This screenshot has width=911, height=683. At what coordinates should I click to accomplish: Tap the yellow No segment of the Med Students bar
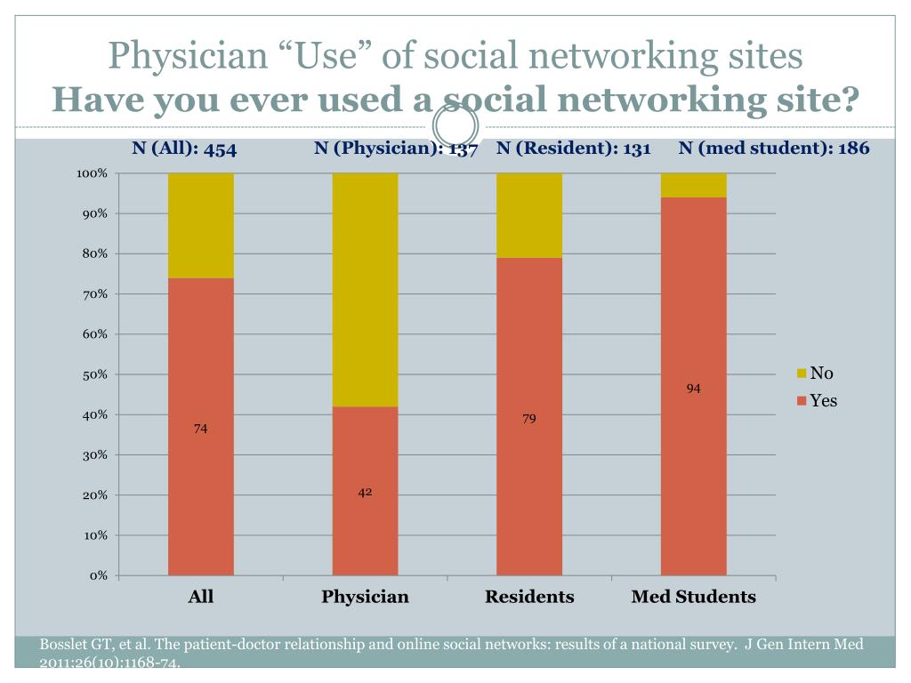693,185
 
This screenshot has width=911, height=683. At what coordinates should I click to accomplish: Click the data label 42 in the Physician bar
365,492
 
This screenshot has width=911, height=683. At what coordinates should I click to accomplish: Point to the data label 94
694,389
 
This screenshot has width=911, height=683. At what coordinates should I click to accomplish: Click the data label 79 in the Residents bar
529,418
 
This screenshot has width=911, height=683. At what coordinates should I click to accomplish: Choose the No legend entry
820,374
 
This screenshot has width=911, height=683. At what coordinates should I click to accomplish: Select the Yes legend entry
823,401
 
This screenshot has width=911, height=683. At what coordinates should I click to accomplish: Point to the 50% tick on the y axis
97,374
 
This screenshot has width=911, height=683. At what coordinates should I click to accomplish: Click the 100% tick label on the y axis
93,173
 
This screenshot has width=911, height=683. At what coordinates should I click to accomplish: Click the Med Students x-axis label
693,597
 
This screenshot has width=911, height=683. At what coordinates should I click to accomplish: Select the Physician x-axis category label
365,597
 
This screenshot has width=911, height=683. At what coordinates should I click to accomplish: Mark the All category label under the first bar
201,597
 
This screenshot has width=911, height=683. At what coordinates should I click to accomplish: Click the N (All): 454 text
184,149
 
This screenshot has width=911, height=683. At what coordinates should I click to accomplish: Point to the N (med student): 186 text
773,148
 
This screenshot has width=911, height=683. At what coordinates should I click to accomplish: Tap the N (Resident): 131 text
574,148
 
